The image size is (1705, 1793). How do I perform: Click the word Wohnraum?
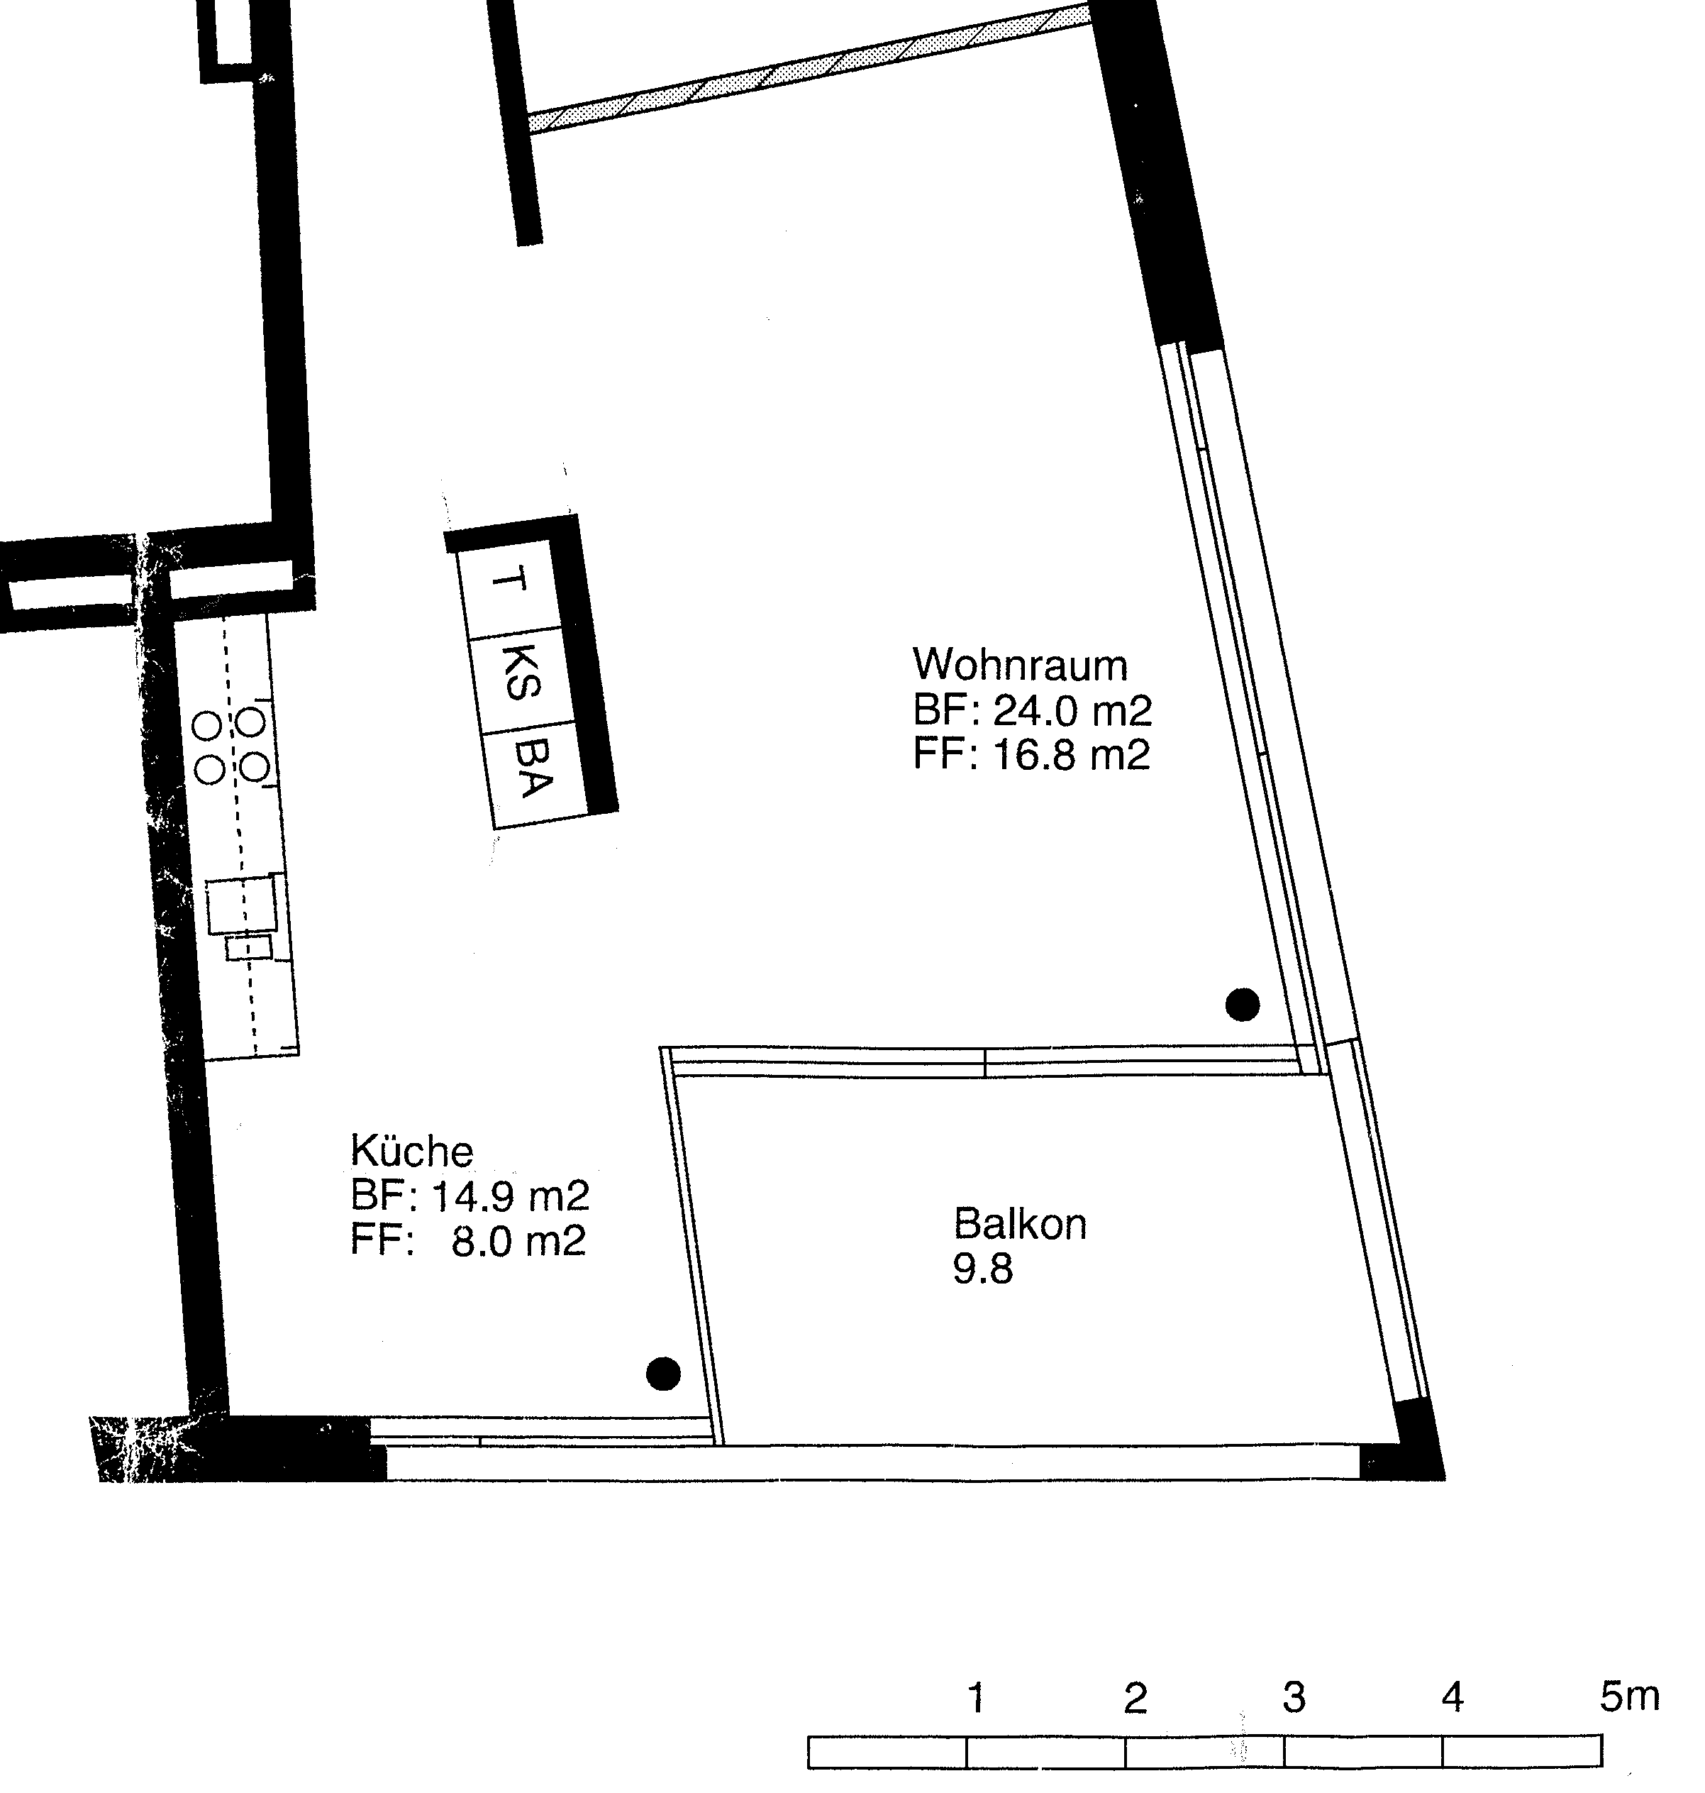(x=1020, y=666)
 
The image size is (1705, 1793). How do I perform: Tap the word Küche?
(x=411, y=1151)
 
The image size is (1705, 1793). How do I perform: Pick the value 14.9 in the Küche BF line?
(x=472, y=1196)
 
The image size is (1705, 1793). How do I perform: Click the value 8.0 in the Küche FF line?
(x=481, y=1240)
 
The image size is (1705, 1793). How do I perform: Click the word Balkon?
(x=1020, y=1224)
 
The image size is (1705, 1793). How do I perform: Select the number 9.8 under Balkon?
(x=982, y=1269)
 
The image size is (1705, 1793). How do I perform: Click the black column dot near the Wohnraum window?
(x=1243, y=1005)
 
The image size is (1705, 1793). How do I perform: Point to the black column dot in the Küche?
(x=662, y=1373)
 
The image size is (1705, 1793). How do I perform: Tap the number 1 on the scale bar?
(x=976, y=1697)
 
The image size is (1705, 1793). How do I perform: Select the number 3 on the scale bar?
(x=1294, y=1697)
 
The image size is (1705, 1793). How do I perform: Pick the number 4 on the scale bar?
(x=1453, y=1697)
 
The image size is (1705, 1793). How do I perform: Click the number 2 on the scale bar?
(x=1135, y=1697)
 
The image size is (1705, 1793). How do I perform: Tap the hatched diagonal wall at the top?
(x=808, y=69)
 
